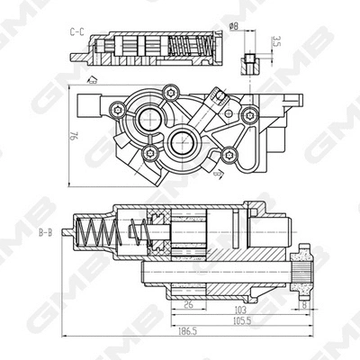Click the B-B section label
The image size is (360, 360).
[x=44, y=233]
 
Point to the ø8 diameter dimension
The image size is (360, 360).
[x=234, y=27]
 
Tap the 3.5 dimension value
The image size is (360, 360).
[x=274, y=40]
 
